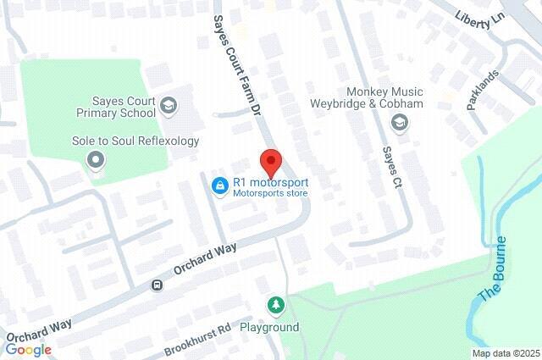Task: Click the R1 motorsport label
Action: coord(271,181)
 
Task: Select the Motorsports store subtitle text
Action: coord(271,193)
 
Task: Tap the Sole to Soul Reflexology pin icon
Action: coord(95,158)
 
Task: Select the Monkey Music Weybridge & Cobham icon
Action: coord(398,125)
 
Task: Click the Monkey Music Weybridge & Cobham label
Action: coord(397,97)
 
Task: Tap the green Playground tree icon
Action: coord(275,304)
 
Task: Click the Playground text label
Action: coord(269,327)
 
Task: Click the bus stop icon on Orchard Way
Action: coord(157,285)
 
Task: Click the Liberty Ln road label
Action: coord(479,19)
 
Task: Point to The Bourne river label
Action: coord(493,269)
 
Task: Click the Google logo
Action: coord(29,349)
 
